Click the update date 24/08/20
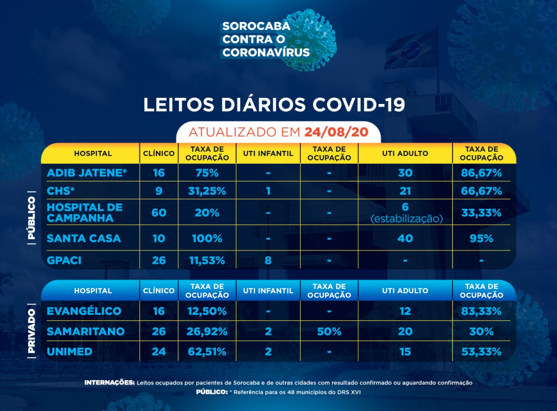(x=336, y=132)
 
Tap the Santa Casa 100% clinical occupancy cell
(x=207, y=238)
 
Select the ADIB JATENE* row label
(x=87, y=173)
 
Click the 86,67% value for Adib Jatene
(x=481, y=173)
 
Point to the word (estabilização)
(x=406, y=219)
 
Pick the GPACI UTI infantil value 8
(x=268, y=261)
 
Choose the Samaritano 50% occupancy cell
(x=329, y=331)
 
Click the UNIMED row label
(x=69, y=351)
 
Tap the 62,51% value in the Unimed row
(x=207, y=351)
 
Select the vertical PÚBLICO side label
(x=31, y=217)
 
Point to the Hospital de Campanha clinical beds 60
(x=159, y=213)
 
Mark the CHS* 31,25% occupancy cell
(x=207, y=191)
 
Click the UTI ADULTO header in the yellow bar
(x=405, y=153)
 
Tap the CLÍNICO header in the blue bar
(x=159, y=291)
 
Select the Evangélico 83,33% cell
(x=481, y=311)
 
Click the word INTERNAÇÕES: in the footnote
(x=109, y=383)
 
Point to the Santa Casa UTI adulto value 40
(x=405, y=238)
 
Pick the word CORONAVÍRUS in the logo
(x=266, y=53)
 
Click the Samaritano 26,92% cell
(x=207, y=331)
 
